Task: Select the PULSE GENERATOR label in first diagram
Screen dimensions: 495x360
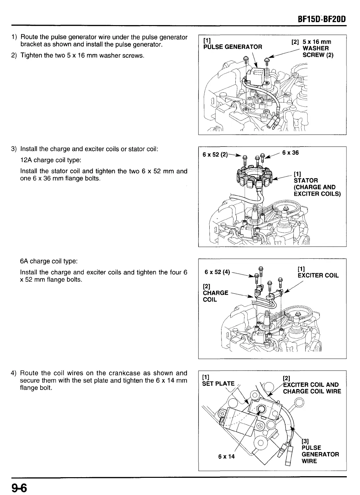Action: point(233,47)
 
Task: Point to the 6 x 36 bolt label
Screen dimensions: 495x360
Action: point(290,152)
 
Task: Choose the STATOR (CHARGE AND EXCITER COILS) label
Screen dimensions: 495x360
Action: point(316,184)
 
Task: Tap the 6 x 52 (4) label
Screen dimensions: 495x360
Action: point(217,272)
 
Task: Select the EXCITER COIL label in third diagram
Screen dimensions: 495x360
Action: point(318,276)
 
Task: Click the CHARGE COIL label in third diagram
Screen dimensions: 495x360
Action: point(215,293)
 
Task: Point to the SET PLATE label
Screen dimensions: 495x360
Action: point(218,383)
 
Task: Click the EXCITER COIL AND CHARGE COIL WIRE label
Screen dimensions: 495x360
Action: point(312,388)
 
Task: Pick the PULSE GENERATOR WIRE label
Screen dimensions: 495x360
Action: point(320,454)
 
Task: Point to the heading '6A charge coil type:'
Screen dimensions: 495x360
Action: point(49,261)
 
